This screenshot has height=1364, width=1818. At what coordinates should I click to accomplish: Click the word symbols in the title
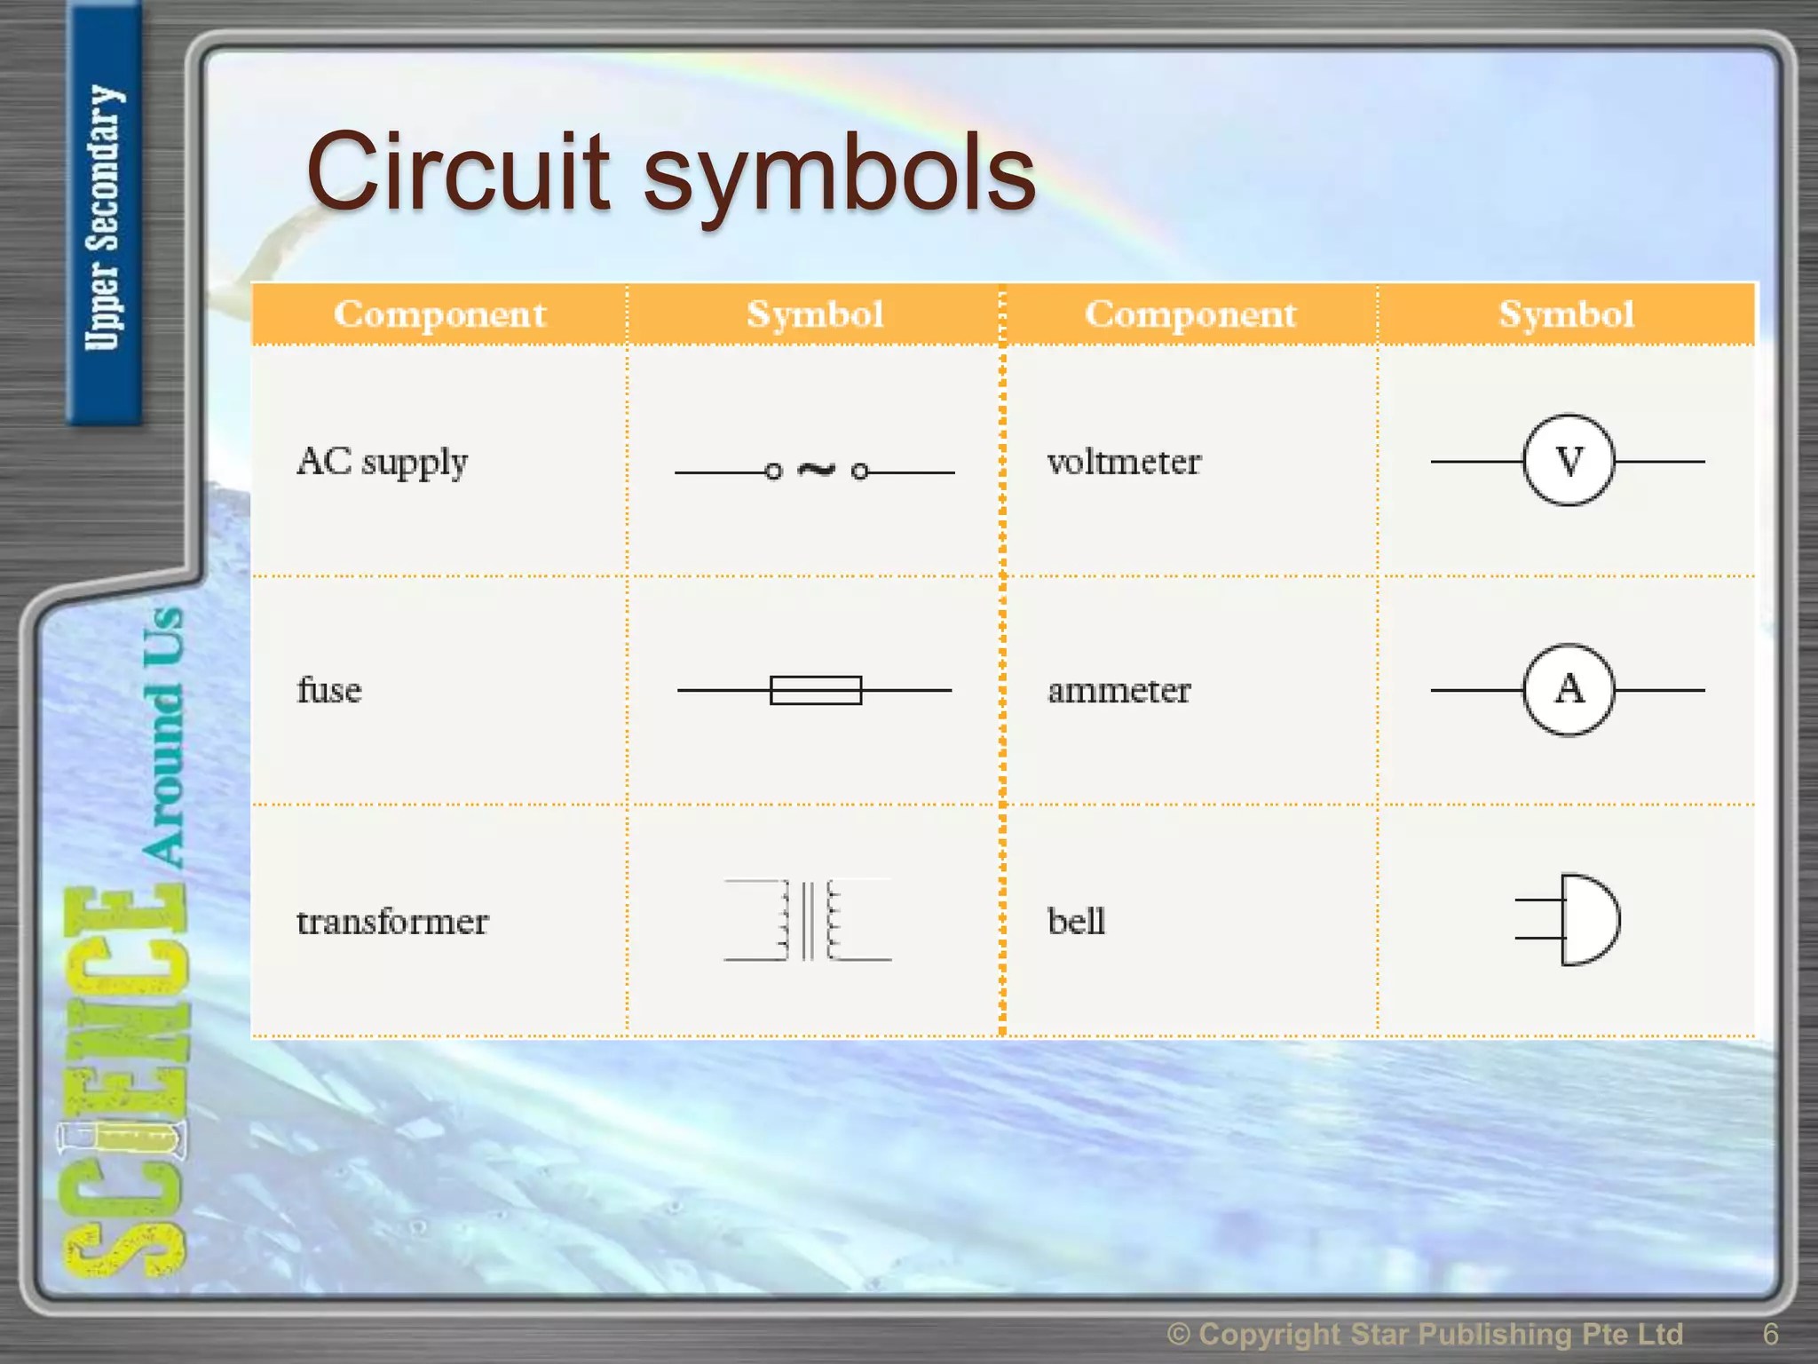[839, 174]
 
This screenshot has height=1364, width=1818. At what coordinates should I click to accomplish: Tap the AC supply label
[382, 462]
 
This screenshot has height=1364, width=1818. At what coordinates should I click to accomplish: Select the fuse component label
[329, 690]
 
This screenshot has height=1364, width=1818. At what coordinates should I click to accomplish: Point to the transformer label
[392, 922]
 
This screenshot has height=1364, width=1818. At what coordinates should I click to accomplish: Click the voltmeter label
[1124, 462]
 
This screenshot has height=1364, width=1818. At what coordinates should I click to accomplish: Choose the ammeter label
[1118, 690]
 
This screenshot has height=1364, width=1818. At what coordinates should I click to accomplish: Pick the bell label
[1076, 922]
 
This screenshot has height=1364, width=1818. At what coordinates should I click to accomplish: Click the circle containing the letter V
[1569, 461]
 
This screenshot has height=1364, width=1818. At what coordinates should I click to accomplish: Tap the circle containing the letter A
[1569, 690]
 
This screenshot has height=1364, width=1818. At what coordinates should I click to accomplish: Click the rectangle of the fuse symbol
[816, 690]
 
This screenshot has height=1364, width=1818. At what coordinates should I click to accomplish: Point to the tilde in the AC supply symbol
[817, 469]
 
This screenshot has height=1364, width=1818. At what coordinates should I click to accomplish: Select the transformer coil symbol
[808, 921]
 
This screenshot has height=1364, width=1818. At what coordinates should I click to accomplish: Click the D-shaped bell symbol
[1588, 920]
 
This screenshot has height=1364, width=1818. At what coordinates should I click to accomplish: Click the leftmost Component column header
[439, 314]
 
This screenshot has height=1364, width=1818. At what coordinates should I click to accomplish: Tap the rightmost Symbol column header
[1567, 314]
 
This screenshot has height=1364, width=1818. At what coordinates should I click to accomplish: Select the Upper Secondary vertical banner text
[104, 218]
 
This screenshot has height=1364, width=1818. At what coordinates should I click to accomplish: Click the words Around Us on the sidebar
[163, 737]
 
